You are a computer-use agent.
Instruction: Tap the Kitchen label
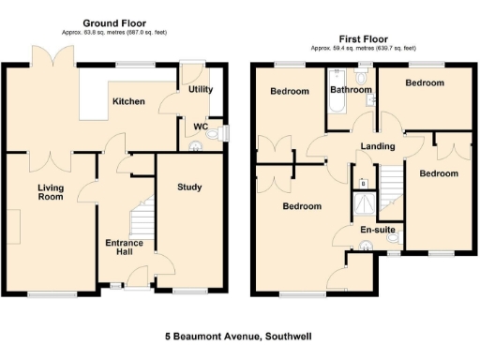point(128,101)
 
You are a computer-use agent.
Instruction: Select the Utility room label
point(200,89)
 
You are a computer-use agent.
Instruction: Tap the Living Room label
point(51,193)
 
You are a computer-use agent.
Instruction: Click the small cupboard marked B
point(363,184)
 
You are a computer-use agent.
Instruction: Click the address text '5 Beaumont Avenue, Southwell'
point(240,336)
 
